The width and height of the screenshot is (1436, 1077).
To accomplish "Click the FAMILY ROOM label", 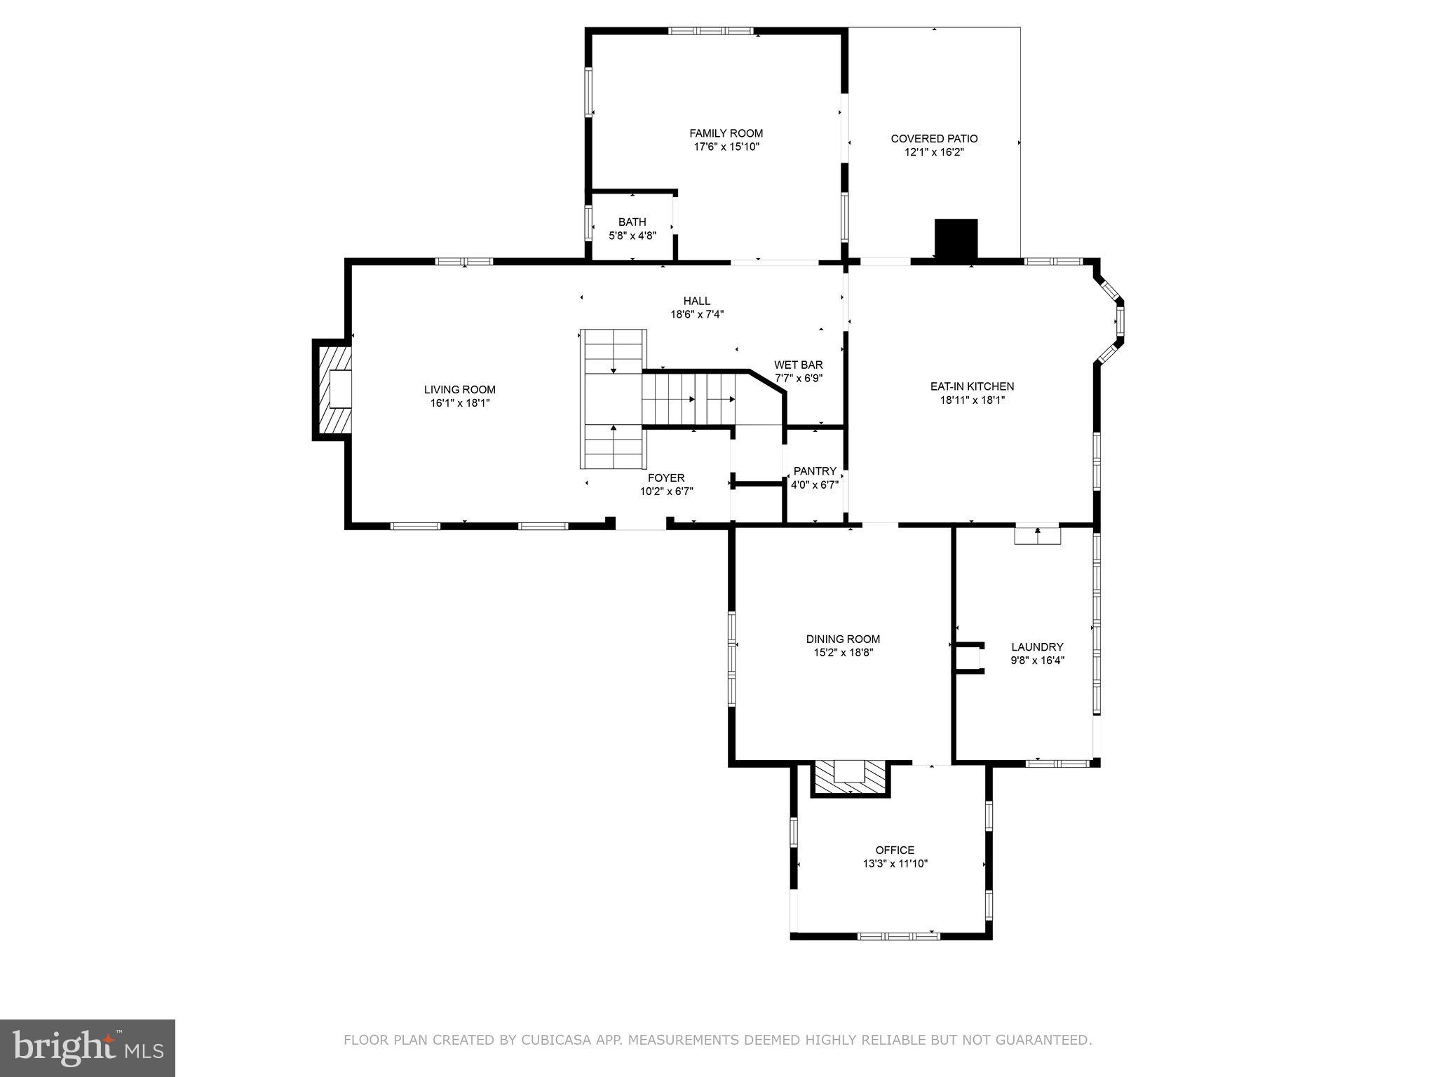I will click(726, 133).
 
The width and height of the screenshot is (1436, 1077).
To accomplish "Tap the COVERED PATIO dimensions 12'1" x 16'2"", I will click(934, 152).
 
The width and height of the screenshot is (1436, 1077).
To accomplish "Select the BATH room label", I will click(632, 222).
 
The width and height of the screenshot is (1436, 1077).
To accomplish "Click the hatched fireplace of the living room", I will click(331, 389).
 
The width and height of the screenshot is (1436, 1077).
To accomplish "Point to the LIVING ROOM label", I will click(459, 390).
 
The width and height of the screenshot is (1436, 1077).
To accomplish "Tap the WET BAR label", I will click(798, 365).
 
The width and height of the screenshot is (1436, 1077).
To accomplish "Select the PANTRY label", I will click(814, 471).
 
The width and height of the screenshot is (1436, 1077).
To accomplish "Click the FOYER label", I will click(666, 478).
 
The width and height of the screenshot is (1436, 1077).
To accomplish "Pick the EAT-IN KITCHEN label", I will click(972, 386).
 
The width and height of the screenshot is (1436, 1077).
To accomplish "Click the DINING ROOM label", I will click(843, 639).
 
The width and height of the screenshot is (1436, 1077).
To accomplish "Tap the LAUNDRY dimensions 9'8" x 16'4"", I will click(1037, 660).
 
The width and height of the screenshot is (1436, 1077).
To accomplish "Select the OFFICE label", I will click(895, 850).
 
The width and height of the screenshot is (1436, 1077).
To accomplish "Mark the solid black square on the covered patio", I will click(956, 238).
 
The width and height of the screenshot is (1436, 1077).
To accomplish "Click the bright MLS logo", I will click(88, 1048).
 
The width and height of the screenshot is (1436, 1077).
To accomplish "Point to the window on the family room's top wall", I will click(710, 31).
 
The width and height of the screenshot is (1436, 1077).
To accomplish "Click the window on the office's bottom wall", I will click(898, 935).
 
